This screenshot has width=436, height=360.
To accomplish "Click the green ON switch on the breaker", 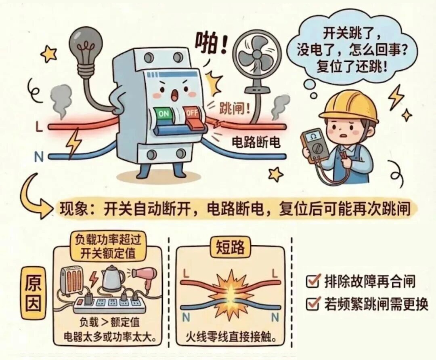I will point(163,114).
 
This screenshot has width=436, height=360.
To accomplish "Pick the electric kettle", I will point(113,279).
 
